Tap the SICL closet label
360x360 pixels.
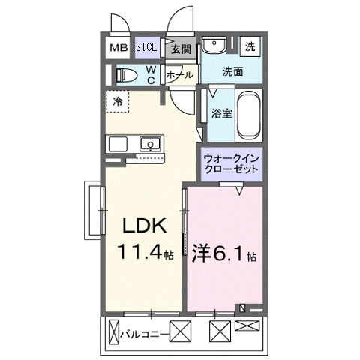pyautogui.click(x=146, y=47)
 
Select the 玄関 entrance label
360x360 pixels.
pyautogui.click(x=179, y=49)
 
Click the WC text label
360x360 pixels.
pyautogui.click(x=150, y=74)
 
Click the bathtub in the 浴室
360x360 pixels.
pyautogui.click(x=248, y=113)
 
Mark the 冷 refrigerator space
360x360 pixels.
pyautogui.click(x=118, y=100)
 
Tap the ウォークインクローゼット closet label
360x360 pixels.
pyautogui.click(x=232, y=164)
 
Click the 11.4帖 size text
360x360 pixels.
pyautogui.click(x=144, y=254)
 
